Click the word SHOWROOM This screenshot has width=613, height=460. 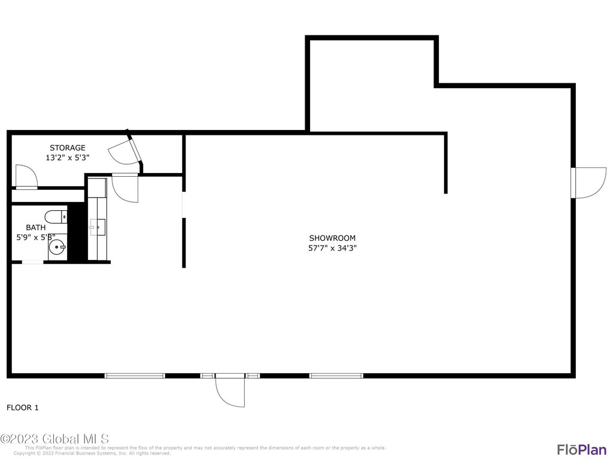click(332, 238)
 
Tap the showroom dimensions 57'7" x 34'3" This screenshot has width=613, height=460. click(332, 248)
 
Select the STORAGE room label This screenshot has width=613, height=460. click(67, 148)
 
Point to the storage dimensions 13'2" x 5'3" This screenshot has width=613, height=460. click(67, 158)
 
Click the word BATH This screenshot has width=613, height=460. click(35, 228)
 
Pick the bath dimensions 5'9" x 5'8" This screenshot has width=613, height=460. click(35, 237)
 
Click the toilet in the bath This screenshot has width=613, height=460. click(56, 216)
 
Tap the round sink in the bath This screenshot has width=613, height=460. click(58, 246)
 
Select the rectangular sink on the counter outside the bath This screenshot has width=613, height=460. click(98, 227)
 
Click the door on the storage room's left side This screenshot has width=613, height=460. click(26, 176)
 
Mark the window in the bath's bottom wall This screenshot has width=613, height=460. click(32, 262)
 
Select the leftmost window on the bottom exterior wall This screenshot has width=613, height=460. click(135, 376)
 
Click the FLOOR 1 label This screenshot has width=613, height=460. click(23, 408)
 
